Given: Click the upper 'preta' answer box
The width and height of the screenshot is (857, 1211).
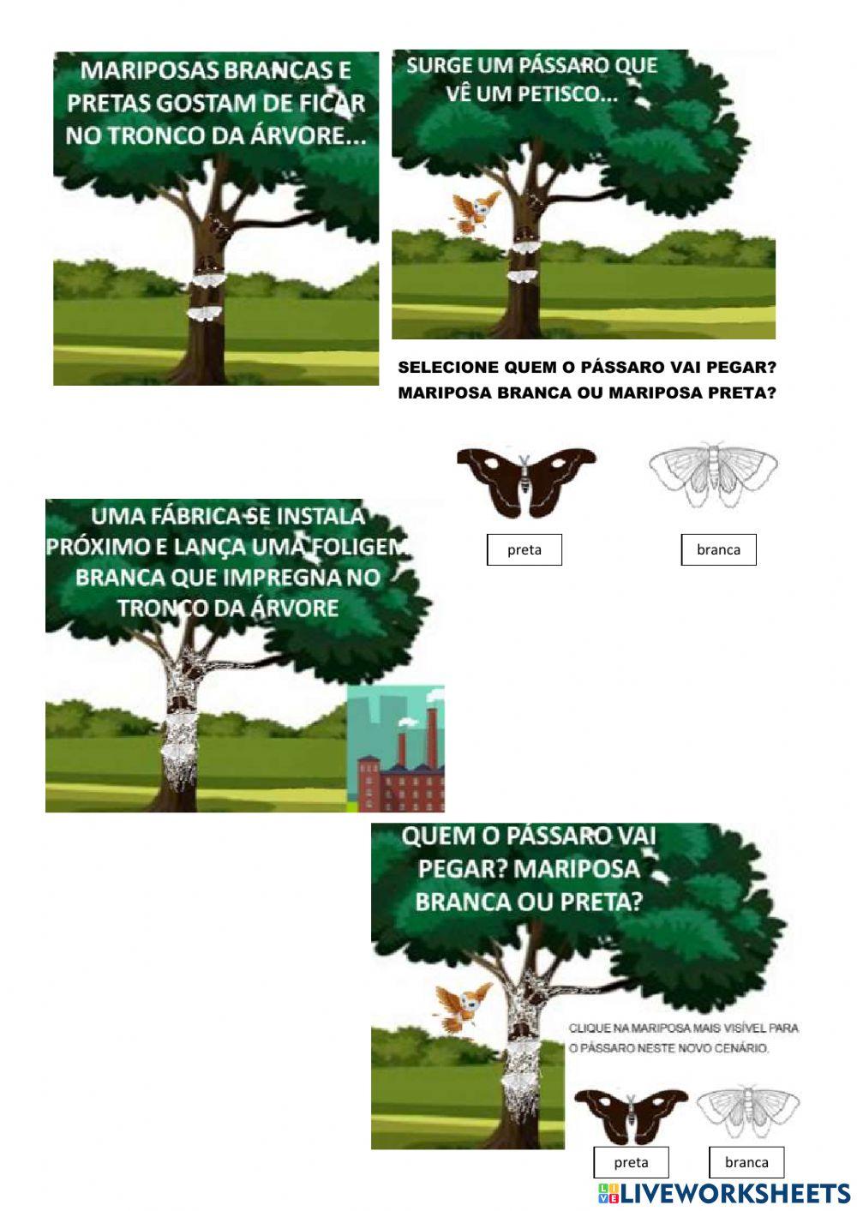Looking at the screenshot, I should (x=524, y=549).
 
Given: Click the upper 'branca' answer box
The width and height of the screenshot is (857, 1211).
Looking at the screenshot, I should (x=718, y=549).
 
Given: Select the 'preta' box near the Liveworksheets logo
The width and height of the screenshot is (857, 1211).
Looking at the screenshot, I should (x=631, y=1162).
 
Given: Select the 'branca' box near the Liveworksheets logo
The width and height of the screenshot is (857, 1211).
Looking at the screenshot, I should (x=746, y=1162).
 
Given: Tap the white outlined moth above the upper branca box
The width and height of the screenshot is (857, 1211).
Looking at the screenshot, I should (x=713, y=474).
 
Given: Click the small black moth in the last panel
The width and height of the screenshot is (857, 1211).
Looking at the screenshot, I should (x=631, y=1116).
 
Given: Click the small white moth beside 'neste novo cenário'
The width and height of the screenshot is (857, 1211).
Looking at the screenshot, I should (x=747, y=1111).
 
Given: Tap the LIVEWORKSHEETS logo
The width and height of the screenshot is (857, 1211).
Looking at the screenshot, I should (x=724, y=1192).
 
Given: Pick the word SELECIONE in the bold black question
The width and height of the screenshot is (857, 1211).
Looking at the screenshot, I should (x=448, y=368).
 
